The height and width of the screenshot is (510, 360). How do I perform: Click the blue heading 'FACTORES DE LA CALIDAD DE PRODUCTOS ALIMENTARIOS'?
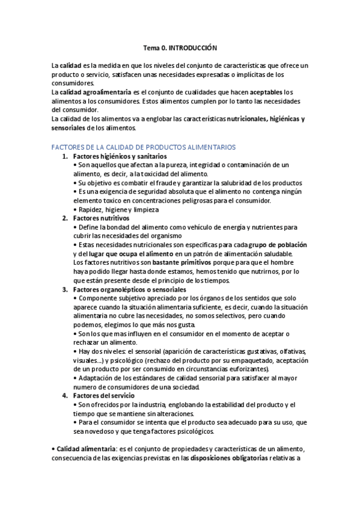[x=144, y=147]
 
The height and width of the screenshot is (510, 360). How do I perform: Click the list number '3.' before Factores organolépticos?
[x=66, y=289]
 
